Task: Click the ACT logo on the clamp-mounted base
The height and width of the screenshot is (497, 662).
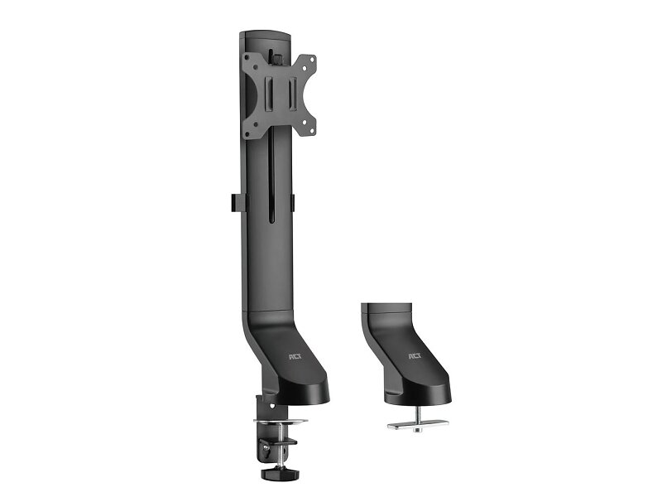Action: point(295,357)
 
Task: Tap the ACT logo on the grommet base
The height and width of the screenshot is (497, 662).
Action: point(415,356)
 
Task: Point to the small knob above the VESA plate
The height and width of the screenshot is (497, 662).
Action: point(277,58)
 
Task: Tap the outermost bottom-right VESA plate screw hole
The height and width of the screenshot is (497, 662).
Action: point(312,131)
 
